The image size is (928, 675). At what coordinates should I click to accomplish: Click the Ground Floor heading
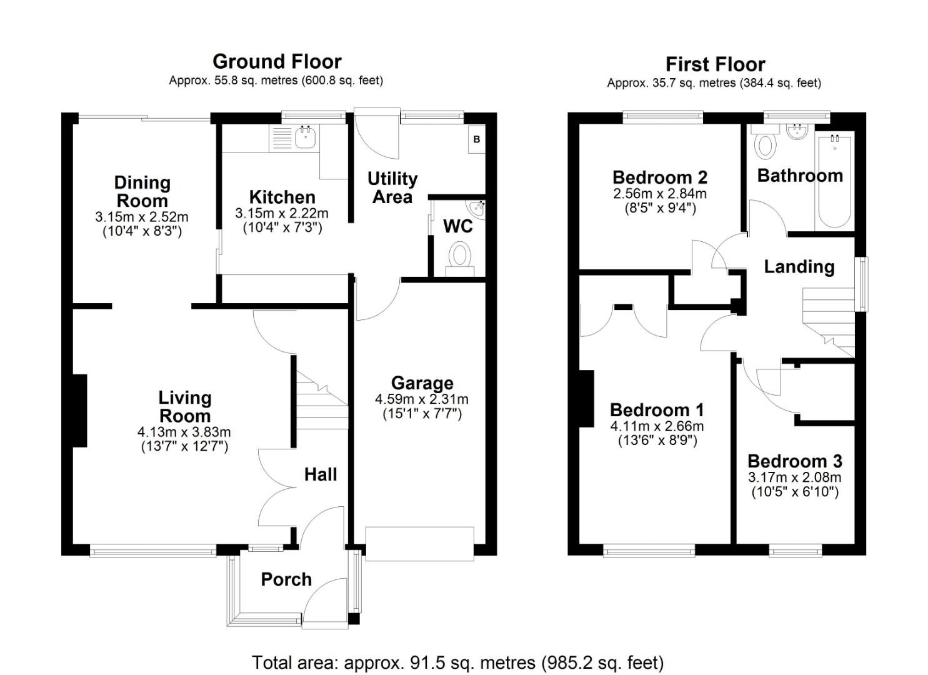pos(277,62)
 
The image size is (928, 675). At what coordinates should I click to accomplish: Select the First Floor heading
pos(715,64)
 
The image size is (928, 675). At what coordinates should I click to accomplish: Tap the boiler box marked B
pos(476,139)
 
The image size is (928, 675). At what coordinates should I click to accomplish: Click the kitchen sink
pos(305,137)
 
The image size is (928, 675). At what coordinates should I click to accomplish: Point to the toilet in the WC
pos(461,257)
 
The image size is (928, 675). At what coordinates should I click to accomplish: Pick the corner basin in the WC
pos(477,207)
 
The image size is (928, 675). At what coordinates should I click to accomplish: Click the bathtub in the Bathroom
pos(834,181)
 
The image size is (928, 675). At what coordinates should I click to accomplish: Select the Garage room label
pos(422,383)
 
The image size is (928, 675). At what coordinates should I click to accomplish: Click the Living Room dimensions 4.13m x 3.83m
pos(184,432)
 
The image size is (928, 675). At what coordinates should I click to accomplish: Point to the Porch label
pos(286,579)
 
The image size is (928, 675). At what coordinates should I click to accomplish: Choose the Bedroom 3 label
pos(795,461)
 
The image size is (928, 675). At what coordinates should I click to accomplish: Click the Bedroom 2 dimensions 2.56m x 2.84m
pos(660,194)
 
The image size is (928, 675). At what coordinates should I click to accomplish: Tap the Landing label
pos(799,267)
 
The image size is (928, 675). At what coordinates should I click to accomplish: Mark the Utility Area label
pos(392,187)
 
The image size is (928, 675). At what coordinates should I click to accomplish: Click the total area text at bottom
pos(457,662)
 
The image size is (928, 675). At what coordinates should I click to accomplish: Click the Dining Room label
pos(142,191)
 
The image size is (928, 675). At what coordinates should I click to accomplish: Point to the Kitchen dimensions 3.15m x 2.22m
pos(282,213)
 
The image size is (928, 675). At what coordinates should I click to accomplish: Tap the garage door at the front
pos(419,543)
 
